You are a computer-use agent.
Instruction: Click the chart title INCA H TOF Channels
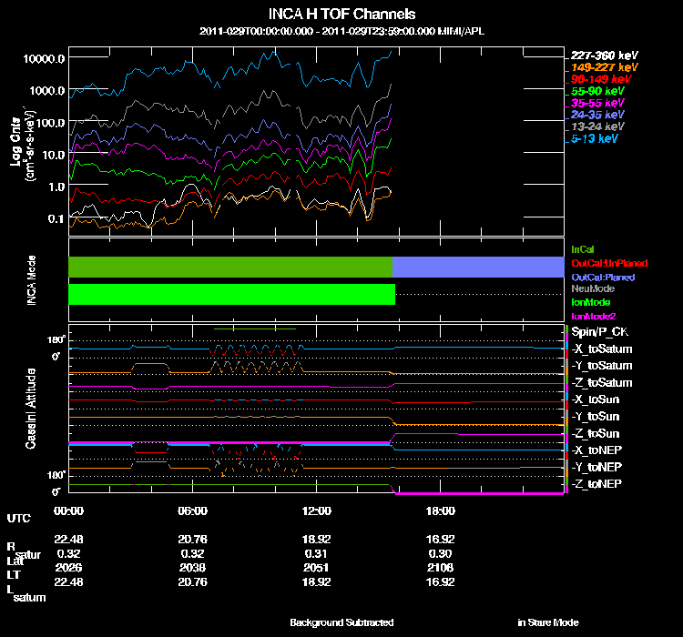coord(342,15)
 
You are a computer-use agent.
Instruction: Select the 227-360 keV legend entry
coord(601,55)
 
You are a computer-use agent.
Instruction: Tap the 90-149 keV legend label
coord(597,79)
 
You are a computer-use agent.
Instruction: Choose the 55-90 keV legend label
coord(597,91)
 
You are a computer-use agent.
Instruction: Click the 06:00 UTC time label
coord(193,511)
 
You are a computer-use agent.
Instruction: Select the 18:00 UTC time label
coord(440,511)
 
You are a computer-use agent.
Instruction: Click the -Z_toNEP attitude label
coord(597,482)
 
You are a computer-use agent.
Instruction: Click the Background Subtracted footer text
coord(341,622)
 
